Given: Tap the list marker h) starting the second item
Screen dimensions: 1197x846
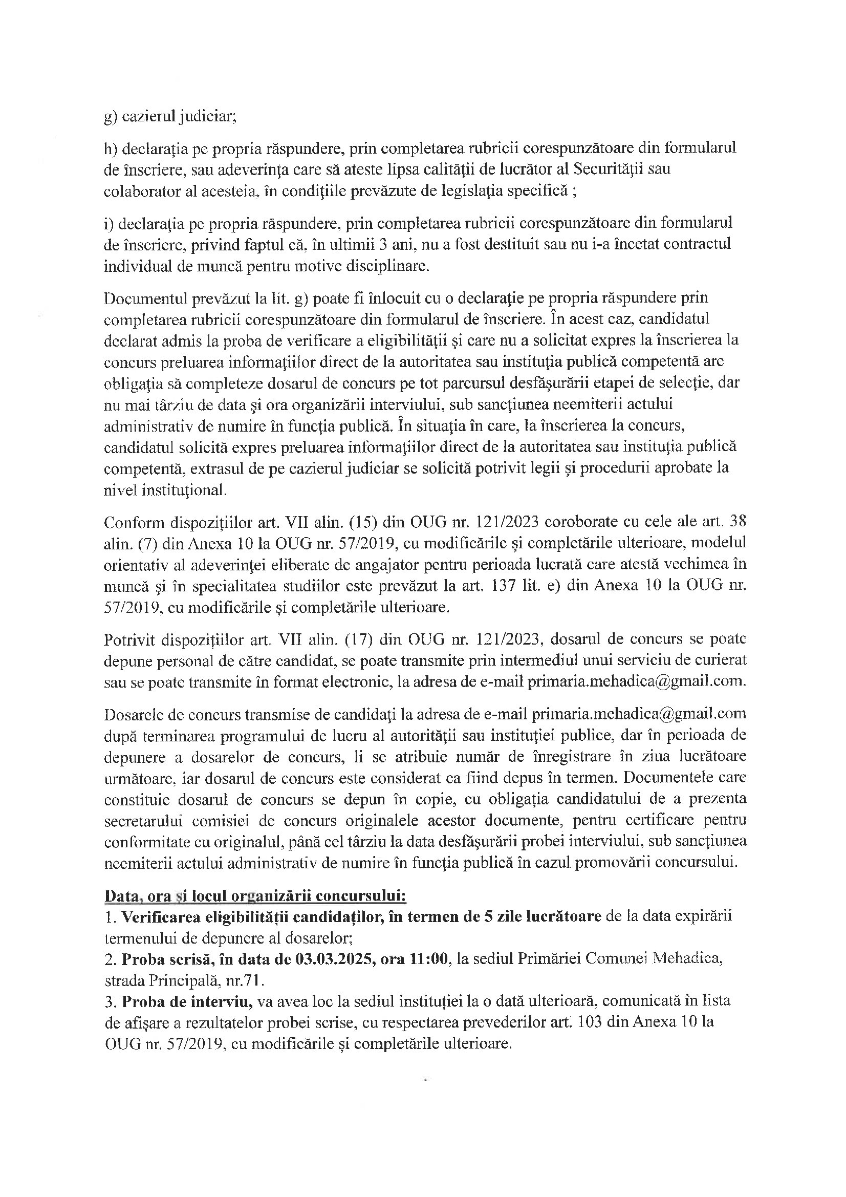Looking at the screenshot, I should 111,148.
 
